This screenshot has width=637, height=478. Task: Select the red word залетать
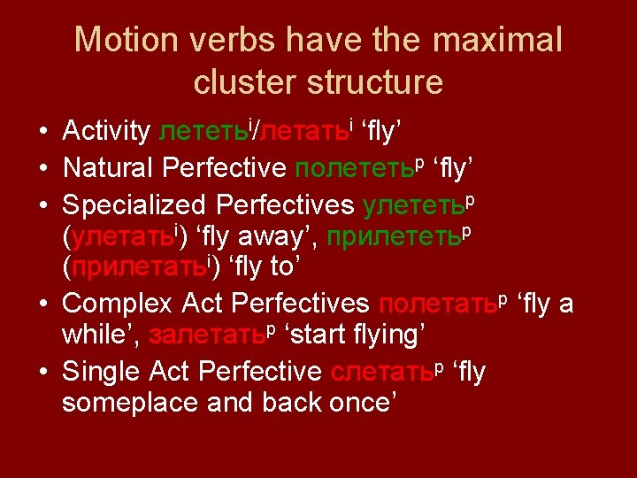(207, 336)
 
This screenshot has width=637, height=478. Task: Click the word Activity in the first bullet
(106, 132)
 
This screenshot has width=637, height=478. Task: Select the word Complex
(118, 305)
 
